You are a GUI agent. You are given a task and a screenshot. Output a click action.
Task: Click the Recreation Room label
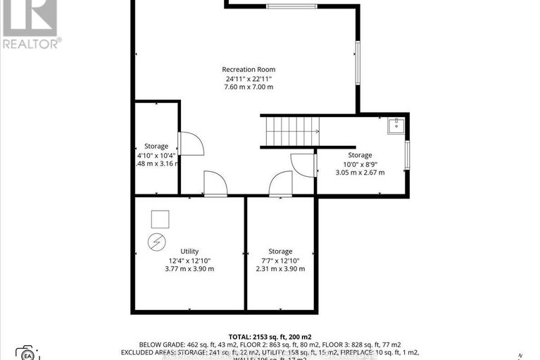click(x=248, y=69)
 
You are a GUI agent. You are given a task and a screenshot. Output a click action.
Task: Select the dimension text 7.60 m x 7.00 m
click(x=248, y=87)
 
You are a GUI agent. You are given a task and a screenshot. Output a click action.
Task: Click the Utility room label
click(x=189, y=251)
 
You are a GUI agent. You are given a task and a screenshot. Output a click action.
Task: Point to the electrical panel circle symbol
click(x=155, y=242)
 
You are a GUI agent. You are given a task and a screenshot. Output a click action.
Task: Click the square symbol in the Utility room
click(x=161, y=218)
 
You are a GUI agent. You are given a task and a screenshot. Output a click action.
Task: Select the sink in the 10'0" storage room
click(x=396, y=126)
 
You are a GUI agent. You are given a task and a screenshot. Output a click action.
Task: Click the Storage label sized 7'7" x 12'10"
click(x=280, y=251)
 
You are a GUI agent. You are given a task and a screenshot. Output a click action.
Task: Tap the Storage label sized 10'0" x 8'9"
click(x=360, y=155)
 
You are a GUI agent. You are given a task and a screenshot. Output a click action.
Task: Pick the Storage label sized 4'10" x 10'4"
click(x=156, y=146)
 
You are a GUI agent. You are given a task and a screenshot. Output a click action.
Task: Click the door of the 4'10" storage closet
click(x=191, y=144)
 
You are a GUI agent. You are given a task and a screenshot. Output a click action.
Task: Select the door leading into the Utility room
click(x=215, y=184)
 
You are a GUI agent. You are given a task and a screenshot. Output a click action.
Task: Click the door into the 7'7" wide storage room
click(x=280, y=184)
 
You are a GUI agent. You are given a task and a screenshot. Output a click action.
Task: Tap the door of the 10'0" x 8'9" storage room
click(x=303, y=165)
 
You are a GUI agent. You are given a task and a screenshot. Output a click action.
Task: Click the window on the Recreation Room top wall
click(x=291, y=6)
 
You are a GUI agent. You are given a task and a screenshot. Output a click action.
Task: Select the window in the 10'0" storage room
click(x=407, y=155)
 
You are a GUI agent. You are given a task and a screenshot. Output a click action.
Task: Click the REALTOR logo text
click(x=31, y=42)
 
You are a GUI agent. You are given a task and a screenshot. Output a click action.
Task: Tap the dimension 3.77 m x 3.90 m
click(x=189, y=268)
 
